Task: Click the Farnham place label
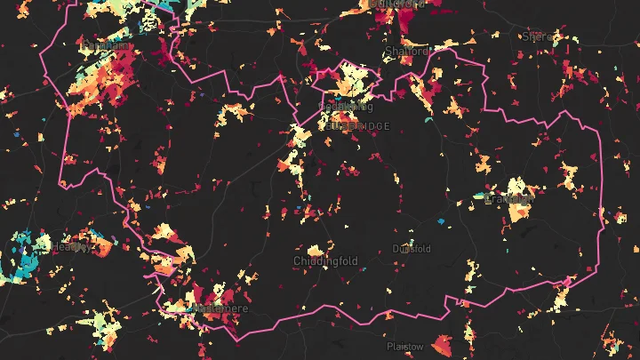click(x=104, y=44)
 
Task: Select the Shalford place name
click(x=405, y=52)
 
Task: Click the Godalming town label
click(x=344, y=107)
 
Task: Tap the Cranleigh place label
click(x=509, y=199)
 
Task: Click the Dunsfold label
click(x=412, y=249)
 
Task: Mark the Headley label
click(x=70, y=246)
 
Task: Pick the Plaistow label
click(x=405, y=346)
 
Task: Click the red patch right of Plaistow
click(x=442, y=345)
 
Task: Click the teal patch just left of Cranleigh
click(x=480, y=195)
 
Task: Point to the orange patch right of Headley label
click(x=105, y=247)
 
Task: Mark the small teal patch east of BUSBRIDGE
click(x=428, y=119)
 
